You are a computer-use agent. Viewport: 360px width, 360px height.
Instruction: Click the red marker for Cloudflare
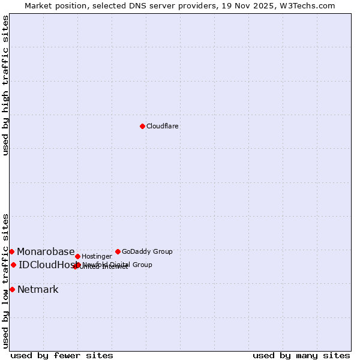point(142,126)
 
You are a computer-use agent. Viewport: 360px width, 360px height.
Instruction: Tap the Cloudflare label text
point(163,126)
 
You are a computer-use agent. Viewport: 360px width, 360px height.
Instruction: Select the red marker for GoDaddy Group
point(118,251)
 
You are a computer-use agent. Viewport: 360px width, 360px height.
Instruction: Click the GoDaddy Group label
point(147,251)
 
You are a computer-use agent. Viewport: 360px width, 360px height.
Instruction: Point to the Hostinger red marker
point(77,256)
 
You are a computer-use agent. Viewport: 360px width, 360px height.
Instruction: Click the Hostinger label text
point(97,256)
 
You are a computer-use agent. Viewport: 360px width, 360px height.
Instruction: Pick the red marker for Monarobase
point(11,251)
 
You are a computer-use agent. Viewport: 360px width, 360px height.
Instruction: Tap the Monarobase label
point(46,251)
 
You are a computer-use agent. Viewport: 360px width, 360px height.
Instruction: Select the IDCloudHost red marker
point(13,265)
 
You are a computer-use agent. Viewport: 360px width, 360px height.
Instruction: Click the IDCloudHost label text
point(47,265)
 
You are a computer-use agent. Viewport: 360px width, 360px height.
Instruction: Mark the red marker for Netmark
point(12,289)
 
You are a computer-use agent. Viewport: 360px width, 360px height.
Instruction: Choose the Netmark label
point(38,289)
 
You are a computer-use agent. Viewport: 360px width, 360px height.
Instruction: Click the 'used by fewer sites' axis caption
point(62,355)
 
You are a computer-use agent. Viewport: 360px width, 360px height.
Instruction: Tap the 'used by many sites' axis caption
point(301,355)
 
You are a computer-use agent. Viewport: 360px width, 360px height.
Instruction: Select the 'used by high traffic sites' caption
point(5,85)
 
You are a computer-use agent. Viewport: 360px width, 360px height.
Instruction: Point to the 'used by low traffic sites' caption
point(5,280)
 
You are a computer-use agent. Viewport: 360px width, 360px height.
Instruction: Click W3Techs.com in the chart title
point(308,5)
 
